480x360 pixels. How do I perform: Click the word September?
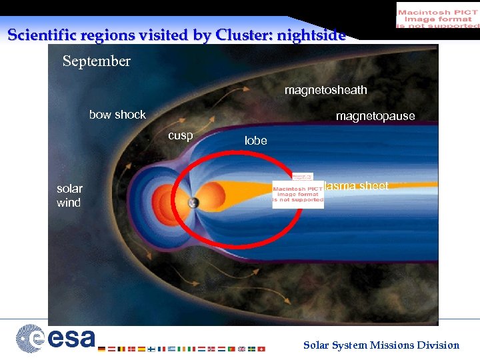[x=97, y=61]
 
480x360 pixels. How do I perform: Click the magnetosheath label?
[x=325, y=90]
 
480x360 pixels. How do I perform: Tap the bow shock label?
[x=117, y=115]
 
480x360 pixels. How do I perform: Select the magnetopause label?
[x=375, y=117]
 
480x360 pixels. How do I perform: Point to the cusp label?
[x=180, y=135]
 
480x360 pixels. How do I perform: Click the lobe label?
[x=255, y=141]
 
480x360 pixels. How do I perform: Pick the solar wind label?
[x=69, y=195]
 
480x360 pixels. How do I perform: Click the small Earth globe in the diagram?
[x=193, y=203]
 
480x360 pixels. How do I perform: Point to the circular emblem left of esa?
[x=30, y=338]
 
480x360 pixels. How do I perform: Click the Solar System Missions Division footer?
[x=381, y=345]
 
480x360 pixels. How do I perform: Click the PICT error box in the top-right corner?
[x=437, y=15]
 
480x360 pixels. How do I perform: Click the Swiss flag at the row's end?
[x=261, y=349]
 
